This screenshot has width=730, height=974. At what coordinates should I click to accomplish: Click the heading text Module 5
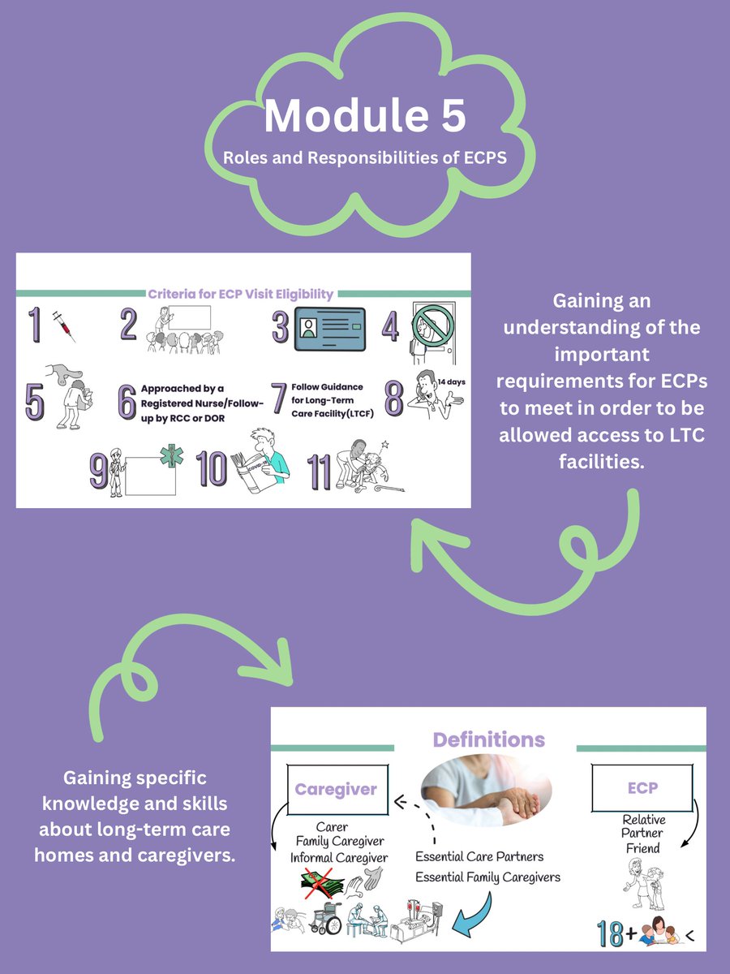click(x=364, y=116)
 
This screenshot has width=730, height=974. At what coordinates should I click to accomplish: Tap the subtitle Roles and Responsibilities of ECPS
click(x=364, y=157)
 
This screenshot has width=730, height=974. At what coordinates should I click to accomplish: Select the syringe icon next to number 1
click(x=63, y=325)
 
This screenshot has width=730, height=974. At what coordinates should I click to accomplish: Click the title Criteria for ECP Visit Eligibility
click(x=240, y=294)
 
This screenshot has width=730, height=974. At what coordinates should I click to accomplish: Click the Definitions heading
click(x=488, y=739)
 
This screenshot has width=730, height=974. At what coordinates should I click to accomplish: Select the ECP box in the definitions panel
click(x=642, y=787)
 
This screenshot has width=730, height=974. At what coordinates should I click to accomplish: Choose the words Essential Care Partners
click(x=479, y=856)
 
